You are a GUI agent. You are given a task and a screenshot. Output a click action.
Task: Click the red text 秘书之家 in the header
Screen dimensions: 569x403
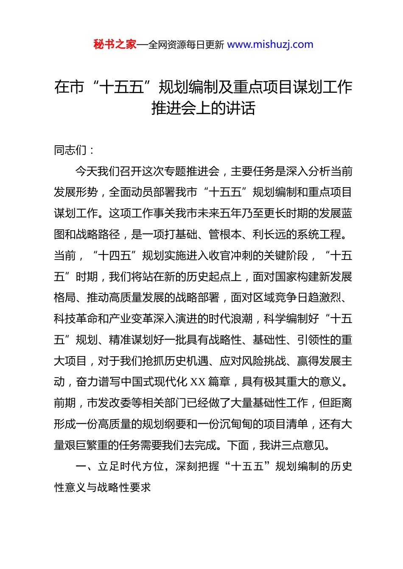click(115, 44)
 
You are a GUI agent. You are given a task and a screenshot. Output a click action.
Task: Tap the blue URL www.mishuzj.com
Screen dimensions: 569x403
click(270, 44)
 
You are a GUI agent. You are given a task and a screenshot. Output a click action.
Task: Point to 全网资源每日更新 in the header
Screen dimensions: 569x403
click(186, 45)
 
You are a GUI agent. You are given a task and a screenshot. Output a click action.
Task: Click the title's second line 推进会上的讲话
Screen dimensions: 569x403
click(203, 108)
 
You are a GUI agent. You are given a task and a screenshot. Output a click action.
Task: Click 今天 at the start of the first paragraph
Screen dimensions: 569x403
click(87, 171)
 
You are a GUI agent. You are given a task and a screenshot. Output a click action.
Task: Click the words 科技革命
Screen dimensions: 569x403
click(76, 319)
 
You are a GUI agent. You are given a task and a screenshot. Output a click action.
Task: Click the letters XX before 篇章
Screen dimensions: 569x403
click(198, 382)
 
